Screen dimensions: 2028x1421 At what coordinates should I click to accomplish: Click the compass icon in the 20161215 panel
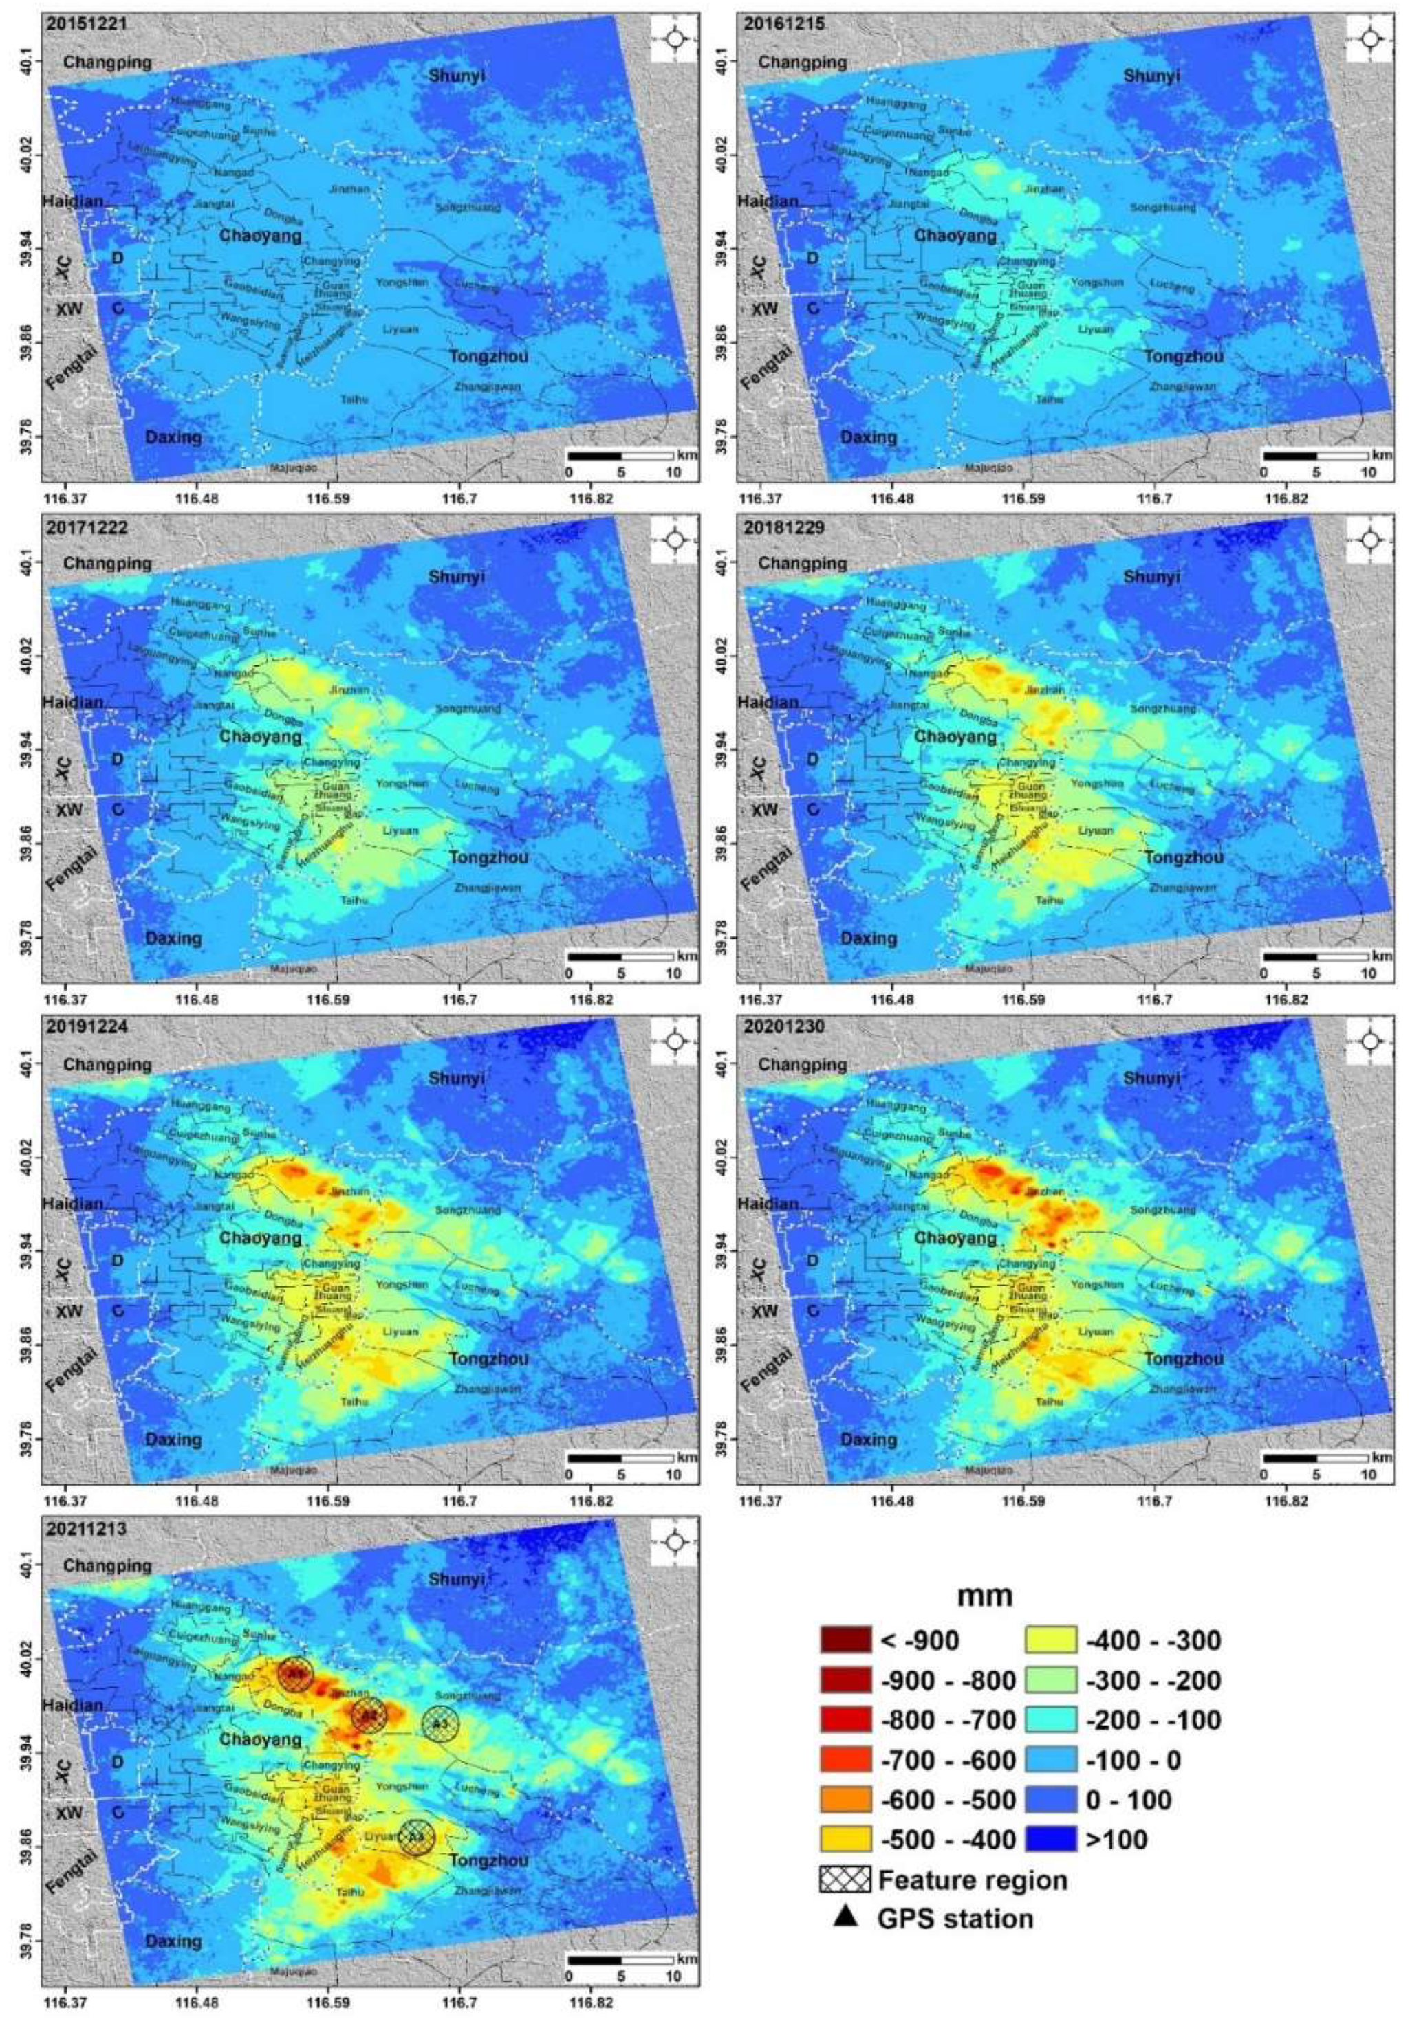tap(1369, 39)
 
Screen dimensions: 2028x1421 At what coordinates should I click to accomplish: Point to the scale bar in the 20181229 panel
tap(1316, 956)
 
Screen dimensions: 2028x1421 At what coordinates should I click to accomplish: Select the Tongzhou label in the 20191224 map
tap(489, 1358)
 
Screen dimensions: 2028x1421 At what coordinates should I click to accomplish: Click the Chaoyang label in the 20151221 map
tap(260, 236)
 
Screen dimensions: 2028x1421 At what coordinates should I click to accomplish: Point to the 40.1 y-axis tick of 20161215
tap(726, 60)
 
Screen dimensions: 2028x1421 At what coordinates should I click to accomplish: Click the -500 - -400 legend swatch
tap(845, 1839)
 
